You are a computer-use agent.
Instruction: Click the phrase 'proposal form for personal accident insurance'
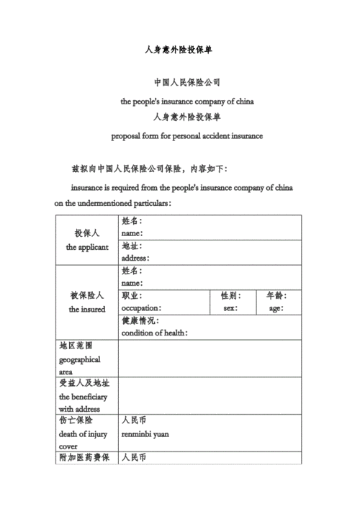(x=186, y=135)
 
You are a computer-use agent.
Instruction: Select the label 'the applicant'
(x=87, y=247)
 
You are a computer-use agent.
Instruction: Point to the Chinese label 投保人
(x=87, y=234)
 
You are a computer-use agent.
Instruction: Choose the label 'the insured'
(x=87, y=309)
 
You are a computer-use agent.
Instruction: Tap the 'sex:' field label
(x=230, y=308)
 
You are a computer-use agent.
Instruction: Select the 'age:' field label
(x=276, y=308)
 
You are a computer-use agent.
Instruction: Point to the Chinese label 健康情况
(x=141, y=321)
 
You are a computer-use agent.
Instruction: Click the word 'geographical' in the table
(x=79, y=359)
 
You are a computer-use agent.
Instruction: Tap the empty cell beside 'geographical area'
(x=209, y=359)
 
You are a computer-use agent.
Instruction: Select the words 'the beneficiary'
(x=84, y=397)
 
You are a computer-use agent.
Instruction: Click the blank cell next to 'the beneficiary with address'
(x=209, y=396)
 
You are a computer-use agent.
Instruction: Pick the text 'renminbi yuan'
(x=146, y=434)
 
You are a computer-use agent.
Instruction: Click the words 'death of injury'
(x=83, y=434)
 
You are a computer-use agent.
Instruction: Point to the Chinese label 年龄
(x=276, y=296)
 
